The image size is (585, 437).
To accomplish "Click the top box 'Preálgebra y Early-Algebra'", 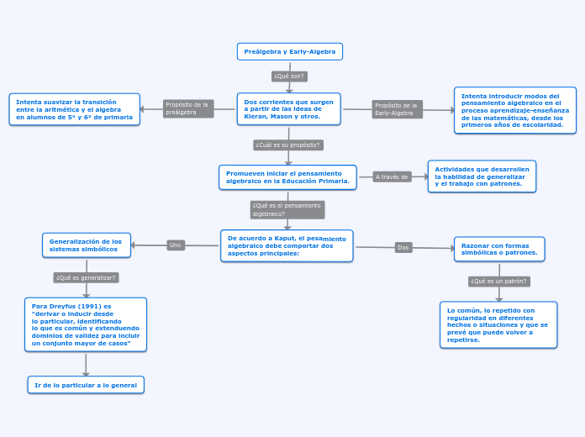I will pyautogui.click(x=289, y=52).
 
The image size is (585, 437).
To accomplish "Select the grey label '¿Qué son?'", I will pyautogui.click(x=289, y=76).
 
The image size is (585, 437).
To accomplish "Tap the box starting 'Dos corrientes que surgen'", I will pyautogui.click(x=288, y=109).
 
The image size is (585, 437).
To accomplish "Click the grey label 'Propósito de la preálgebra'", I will pyautogui.click(x=188, y=108).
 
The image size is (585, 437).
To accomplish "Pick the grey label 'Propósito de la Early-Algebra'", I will pyautogui.click(x=397, y=109).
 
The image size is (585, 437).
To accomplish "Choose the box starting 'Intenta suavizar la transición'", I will pyautogui.click(x=75, y=109).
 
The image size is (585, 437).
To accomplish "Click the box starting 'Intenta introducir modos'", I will pyautogui.click(x=515, y=110).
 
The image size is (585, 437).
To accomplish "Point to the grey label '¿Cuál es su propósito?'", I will pyautogui.click(x=288, y=145).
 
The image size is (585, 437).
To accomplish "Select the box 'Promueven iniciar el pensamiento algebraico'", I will pyautogui.click(x=287, y=177).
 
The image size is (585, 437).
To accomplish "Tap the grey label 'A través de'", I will pyautogui.click(x=392, y=177).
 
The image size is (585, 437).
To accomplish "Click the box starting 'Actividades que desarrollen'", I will pyautogui.click(x=482, y=176).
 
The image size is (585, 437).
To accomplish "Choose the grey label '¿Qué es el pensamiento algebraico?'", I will pyautogui.click(x=287, y=209).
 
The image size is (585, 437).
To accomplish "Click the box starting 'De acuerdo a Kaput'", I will pyautogui.click(x=287, y=245).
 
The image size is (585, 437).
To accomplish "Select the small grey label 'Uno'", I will pyautogui.click(x=175, y=245).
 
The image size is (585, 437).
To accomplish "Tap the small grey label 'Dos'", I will pyautogui.click(x=403, y=248).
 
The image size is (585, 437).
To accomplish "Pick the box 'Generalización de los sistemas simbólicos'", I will pyautogui.click(x=86, y=245).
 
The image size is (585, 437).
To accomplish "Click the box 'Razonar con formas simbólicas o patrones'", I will pyautogui.click(x=499, y=249).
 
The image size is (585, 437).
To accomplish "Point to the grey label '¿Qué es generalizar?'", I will pyautogui.click(x=86, y=277).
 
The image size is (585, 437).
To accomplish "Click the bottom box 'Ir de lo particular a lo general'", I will pyautogui.click(x=86, y=385).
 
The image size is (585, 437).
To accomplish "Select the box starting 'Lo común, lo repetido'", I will pyautogui.click(x=498, y=324).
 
